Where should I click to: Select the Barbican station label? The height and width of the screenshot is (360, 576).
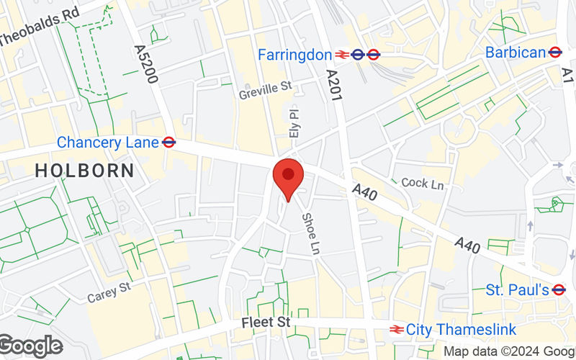(516, 52)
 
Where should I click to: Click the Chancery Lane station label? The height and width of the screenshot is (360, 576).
(107, 143)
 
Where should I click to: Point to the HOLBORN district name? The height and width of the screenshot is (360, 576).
(84, 171)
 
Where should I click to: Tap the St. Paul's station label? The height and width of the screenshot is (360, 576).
(517, 289)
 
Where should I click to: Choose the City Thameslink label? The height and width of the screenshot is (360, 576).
(461, 330)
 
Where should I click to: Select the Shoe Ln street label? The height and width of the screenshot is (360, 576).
(310, 233)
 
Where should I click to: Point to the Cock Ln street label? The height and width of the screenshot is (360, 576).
(423, 184)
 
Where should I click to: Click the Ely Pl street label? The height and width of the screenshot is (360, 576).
(293, 124)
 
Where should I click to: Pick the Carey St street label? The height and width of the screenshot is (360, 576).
(108, 292)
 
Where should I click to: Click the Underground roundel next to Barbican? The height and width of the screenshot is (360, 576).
(554, 52)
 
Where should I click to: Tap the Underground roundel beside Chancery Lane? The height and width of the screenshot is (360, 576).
(169, 143)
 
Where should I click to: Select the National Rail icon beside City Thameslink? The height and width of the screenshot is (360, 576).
(395, 330)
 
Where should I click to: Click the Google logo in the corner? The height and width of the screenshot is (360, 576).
(31, 346)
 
